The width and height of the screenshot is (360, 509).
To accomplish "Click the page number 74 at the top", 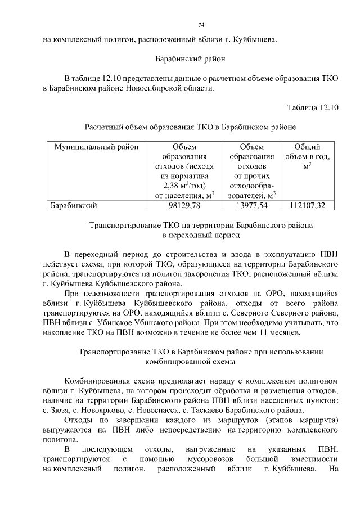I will coord(201,25).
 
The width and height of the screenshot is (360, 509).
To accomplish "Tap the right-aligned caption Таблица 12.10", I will coord(313,107).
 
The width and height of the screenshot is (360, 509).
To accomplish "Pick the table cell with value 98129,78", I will coord(184,205).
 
